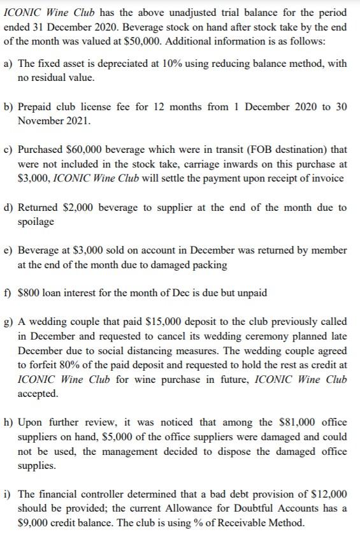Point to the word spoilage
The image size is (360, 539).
(x=36, y=221)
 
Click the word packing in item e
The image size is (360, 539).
(x=209, y=264)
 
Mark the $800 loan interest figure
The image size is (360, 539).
(x=29, y=292)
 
